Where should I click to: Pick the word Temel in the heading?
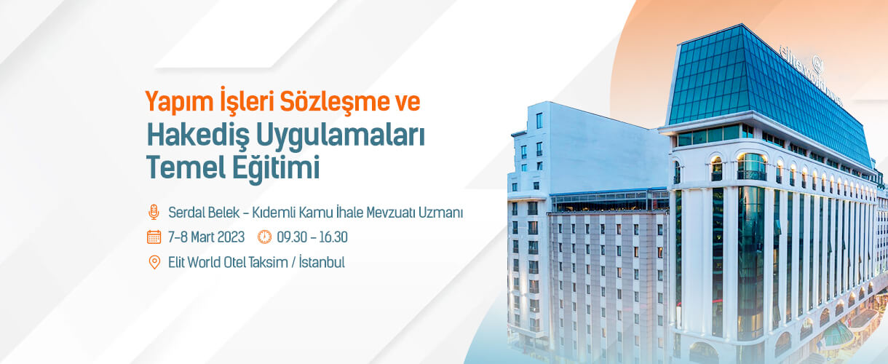click(186, 167)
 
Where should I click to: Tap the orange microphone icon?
click(154, 212)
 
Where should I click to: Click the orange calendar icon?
click(154, 237)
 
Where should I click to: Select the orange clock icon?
click(264, 237)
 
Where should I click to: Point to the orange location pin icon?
click(154, 262)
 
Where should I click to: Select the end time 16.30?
click(333, 237)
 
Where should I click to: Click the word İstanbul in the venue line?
click(322, 261)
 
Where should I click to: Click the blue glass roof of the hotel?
click(765, 91)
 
